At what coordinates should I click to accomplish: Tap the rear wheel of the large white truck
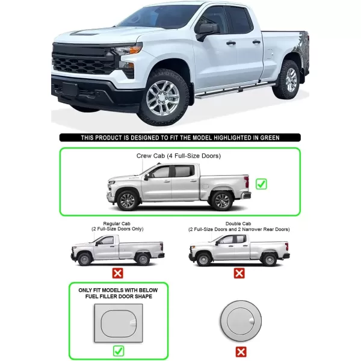288,79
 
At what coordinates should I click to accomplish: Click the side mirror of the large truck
206,31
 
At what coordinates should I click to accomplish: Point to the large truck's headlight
126,50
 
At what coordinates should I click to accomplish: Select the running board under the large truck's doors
235,90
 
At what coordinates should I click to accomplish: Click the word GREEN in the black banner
270,138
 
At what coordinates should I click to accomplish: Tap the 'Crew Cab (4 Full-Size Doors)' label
179,156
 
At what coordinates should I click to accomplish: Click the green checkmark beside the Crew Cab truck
261,184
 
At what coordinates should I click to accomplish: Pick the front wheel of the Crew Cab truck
128,201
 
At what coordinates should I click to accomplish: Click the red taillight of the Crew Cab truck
247,182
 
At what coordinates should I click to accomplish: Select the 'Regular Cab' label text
117,224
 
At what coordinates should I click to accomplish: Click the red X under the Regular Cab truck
118,273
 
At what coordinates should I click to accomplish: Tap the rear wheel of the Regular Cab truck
143,259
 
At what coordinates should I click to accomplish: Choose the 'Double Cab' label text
238,224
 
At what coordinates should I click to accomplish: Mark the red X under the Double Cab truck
239,273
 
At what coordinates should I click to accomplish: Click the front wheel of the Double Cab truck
203,259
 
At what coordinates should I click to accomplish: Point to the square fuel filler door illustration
119,322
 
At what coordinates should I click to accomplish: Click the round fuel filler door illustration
241,321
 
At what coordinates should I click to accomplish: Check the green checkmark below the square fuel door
119,351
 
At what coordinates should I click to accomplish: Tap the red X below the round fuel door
241,352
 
